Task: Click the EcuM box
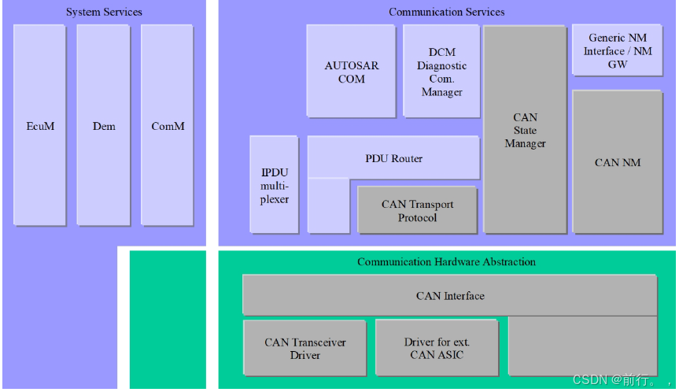(x=39, y=125)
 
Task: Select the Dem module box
(x=103, y=125)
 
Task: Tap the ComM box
(x=167, y=125)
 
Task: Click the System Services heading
(x=104, y=12)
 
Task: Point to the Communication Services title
(x=446, y=12)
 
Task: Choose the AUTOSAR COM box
(x=351, y=72)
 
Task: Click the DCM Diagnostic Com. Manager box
(x=441, y=72)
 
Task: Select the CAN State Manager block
(x=525, y=130)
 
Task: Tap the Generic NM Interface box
(x=617, y=50)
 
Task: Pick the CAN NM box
(x=617, y=162)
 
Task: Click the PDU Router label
(x=393, y=158)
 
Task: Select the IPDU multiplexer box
(x=275, y=185)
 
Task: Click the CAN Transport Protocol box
(x=417, y=210)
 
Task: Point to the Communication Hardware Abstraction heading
(x=446, y=261)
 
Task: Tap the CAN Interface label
(x=450, y=296)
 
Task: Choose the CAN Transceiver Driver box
(x=304, y=348)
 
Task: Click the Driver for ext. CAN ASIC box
(x=437, y=348)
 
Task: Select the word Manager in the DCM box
(x=441, y=92)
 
